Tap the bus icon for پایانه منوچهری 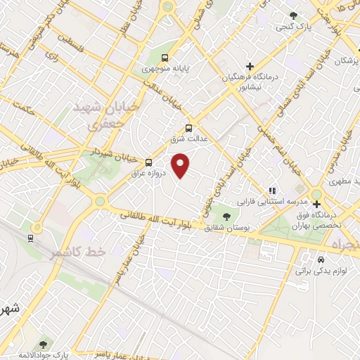pyautogui.click(x=165, y=58)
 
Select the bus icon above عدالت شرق pyautogui.click(x=188, y=128)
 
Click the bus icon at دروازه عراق pyautogui.click(x=148, y=162)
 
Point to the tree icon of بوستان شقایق pyautogui.click(x=226, y=217)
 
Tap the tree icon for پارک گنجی pyautogui.click(x=293, y=15)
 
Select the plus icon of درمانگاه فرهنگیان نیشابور pyautogui.click(x=250, y=66)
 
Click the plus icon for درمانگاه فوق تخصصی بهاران pyautogui.click(x=316, y=204)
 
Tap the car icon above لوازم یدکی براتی pyautogui.click(x=321, y=258)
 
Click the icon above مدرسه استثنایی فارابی pyautogui.click(x=273, y=190)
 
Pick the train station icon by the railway pyautogui.click(x=31, y=238)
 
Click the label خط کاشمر pyautogui.click(x=77, y=252)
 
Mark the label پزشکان pyautogui.click(x=344, y=62)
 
